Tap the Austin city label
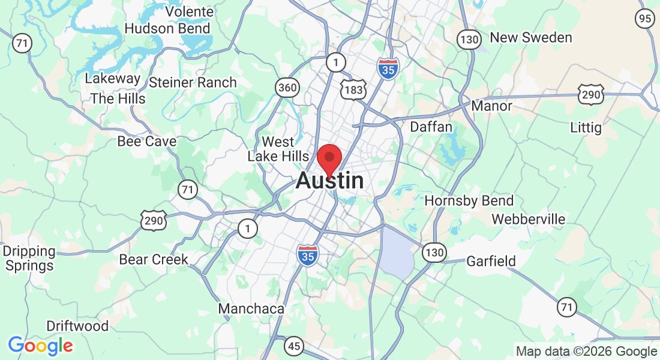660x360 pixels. [329, 181]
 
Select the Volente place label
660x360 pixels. [189, 11]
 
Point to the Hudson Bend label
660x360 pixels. [167, 28]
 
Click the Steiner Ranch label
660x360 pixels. [193, 82]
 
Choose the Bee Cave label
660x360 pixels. [147, 141]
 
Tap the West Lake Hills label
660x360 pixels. [278, 149]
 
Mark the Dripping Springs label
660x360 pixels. [29, 258]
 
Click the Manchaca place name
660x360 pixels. [251, 308]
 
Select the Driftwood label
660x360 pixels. [78, 326]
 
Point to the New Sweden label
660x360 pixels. [531, 37]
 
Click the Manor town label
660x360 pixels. [492, 106]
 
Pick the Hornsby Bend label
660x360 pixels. [469, 200]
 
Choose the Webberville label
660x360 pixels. [528, 219]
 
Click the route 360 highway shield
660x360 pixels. [287, 88]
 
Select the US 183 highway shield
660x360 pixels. [350, 89]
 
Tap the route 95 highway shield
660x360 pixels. [645, 19]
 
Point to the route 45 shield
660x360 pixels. [295, 346]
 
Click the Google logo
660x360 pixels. [41, 346]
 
